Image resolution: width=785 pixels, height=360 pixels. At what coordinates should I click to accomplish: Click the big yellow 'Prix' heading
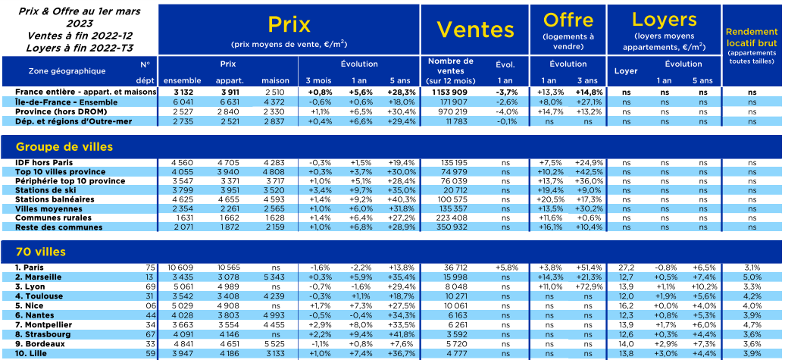[289, 24]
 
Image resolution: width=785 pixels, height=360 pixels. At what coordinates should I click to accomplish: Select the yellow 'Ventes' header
[475, 30]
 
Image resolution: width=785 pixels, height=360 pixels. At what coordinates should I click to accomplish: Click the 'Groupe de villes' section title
[64, 147]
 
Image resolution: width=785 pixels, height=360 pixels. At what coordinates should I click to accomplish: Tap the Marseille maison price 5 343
[275, 277]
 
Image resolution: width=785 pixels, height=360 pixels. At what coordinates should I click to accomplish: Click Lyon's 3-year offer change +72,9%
[589, 286]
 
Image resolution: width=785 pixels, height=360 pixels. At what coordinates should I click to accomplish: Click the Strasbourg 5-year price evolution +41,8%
[402, 334]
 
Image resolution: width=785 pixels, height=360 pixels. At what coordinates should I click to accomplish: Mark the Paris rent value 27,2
[627, 268]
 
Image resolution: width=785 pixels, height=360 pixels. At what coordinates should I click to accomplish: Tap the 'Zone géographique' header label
[67, 70]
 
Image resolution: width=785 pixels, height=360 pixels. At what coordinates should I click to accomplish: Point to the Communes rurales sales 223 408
[453, 218]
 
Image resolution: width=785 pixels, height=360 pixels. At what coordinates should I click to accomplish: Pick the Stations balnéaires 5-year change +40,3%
[402, 199]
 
